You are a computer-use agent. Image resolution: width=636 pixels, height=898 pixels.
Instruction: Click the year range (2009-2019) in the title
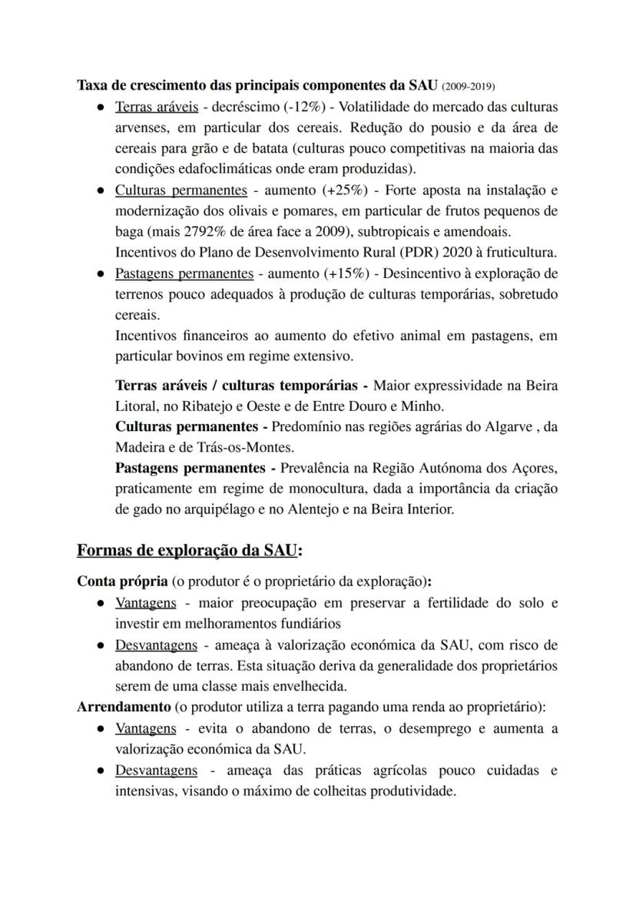coord(469,84)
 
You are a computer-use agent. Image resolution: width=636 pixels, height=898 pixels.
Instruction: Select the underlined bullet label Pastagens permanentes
coord(184,273)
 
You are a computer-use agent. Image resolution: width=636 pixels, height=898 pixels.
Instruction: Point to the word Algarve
coord(505,426)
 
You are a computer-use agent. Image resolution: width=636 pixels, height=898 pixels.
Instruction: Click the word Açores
coord(535,468)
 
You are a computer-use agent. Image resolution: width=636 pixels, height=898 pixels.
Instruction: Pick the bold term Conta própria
coord(122,581)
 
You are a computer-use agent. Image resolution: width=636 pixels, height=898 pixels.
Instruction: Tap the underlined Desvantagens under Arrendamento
coord(156,770)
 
